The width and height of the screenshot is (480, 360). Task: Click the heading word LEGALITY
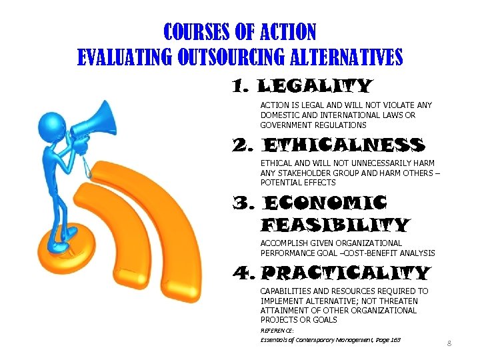(314, 87)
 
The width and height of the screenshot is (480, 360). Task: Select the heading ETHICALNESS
(343, 145)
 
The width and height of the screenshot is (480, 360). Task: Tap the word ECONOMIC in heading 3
(325, 203)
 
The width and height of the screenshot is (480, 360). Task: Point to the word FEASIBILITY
(335, 225)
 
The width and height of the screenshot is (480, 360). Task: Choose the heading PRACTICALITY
(345, 273)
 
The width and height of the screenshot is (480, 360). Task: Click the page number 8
(449, 343)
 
